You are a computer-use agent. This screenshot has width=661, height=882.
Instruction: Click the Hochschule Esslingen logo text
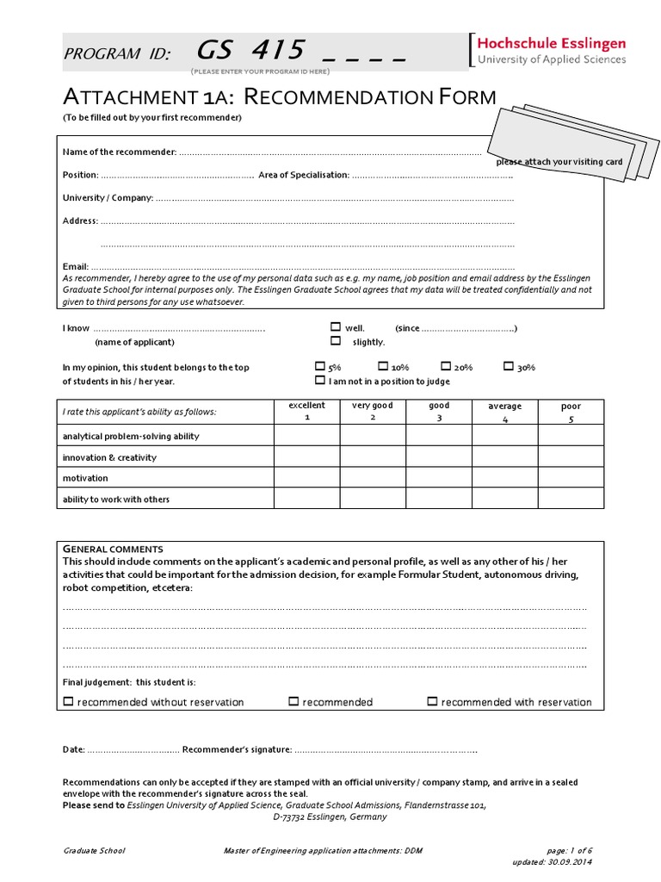tap(552, 43)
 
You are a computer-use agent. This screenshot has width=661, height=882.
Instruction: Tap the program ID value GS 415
tap(251, 52)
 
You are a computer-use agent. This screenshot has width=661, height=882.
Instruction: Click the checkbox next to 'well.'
tap(336, 327)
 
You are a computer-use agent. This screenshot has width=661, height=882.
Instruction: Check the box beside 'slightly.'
tap(336, 341)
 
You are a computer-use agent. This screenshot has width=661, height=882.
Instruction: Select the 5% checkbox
tap(320, 366)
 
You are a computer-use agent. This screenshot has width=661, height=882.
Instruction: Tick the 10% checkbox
tap(383, 366)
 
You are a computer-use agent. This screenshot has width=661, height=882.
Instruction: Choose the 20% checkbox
tap(446, 366)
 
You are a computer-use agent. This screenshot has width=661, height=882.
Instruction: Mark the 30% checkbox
tap(509, 366)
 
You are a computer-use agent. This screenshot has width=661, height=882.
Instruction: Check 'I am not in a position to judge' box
tap(320, 380)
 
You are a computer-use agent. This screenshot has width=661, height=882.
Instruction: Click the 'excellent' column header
tap(306, 411)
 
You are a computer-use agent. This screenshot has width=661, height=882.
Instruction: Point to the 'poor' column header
tap(571, 411)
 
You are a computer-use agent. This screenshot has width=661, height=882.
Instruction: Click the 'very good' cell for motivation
tap(373, 478)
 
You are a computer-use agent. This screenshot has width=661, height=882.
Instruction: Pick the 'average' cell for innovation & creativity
tap(505, 457)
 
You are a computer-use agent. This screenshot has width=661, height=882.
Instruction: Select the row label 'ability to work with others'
tap(116, 500)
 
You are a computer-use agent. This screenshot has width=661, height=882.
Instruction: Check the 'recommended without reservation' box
tap(69, 702)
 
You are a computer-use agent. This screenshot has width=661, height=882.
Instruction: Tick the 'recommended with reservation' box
tap(433, 702)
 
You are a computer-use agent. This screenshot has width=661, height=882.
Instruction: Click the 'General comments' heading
tap(113, 550)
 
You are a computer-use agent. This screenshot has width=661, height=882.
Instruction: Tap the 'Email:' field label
tap(76, 267)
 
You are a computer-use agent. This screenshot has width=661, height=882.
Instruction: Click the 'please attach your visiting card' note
tap(559, 162)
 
